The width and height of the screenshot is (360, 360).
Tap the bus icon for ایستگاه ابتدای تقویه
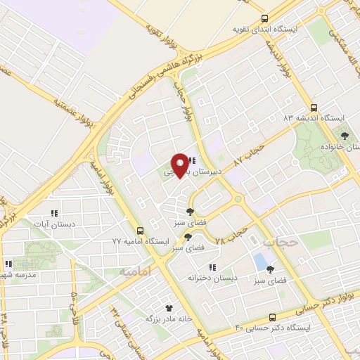point(264,19)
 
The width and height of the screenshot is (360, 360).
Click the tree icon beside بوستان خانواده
point(344,136)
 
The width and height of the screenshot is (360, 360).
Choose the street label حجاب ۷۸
point(232,236)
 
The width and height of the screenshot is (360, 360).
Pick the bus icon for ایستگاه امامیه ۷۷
point(140,231)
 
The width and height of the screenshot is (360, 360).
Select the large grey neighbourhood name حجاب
point(281,242)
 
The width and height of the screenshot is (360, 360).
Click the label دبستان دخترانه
point(212,278)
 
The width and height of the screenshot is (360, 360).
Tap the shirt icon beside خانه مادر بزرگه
point(169,307)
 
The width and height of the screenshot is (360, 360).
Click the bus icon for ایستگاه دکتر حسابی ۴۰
point(273,317)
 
